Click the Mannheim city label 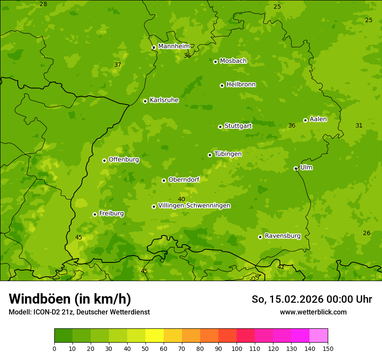click(x=174, y=46)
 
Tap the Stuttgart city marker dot click(x=220, y=127)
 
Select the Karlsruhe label click(x=164, y=100)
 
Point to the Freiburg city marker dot click(x=95, y=214)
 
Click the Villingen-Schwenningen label click(x=194, y=206)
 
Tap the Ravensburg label click(x=282, y=236)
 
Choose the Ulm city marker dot click(x=296, y=168)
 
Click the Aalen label click(x=318, y=119)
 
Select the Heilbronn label click(x=241, y=85)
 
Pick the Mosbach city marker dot click(x=215, y=62)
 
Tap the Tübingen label click(x=228, y=154)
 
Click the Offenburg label click(x=124, y=160)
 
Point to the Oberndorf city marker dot click(x=164, y=180)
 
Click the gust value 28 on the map click(x=43, y=4)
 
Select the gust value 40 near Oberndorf click(x=181, y=199)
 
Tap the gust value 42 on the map click(x=281, y=267)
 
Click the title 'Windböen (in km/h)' click(x=70, y=299)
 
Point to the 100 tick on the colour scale click(x=237, y=348)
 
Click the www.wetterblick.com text click(x=313, y=312)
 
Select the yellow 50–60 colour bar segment click(x=155, y=336)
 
